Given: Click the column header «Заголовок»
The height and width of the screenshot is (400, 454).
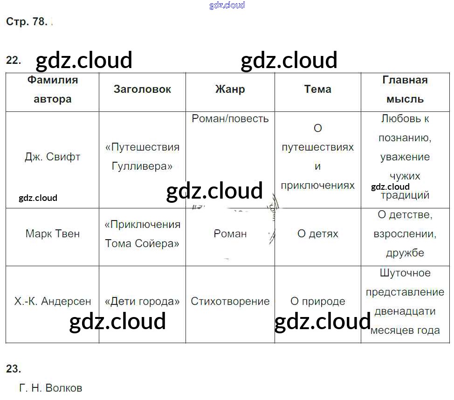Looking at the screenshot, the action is pyautogui.click(x=142, y=89).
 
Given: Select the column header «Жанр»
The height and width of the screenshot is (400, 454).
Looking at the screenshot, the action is pyautogui.click(x=230, y=89).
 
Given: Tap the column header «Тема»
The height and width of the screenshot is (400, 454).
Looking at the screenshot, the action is pyautogui.click(x=317, y=89).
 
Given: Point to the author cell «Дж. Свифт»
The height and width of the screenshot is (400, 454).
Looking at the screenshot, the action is pyautogui.click(x=52, y=157).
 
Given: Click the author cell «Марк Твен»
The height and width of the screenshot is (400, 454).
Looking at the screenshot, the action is pyautogui.click(x=52, y=234).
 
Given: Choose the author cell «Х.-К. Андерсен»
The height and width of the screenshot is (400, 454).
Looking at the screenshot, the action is pyautogui.click(x=52, y=301).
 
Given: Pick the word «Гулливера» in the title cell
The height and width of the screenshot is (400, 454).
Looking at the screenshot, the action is pyautogui.click(x=142, y=166).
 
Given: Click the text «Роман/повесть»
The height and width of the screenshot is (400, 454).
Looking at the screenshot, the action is pyautogui.click(x=230, y=118).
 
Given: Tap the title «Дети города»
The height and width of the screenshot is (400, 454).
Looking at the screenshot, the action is pyautogui.click(x=142, y=301).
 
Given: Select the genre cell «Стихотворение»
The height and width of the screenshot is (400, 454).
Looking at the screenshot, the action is pyautogui.click(x=230, y=301).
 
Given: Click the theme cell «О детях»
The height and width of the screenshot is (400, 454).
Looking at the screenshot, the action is pyautogui.click(x=317, y=234).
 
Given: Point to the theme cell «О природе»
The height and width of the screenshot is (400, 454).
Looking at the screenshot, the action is pyautogui.click(x=317, y=301).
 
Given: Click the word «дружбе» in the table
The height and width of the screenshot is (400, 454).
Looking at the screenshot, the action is pyautogui.click(x=405, y=253).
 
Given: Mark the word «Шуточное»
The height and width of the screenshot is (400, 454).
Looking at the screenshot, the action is pyautogui.click(x=405, y=273).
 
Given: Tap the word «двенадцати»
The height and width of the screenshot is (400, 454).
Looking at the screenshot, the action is pyautogui.click(x=405, y=311).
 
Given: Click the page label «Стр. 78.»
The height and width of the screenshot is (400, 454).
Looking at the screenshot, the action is pyautogui.click(x=27, y=21).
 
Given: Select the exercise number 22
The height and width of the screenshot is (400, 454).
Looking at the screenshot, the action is pyautogui.click(x=14, y=60).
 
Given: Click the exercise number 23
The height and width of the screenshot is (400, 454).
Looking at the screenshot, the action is pyautogui.click(x=14, y=369).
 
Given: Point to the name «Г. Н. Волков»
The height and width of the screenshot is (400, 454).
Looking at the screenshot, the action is pyautogui.click(x=51, y=388).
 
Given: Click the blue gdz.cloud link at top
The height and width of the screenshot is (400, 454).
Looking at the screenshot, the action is pyautogui.click(x=227, y=5).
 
